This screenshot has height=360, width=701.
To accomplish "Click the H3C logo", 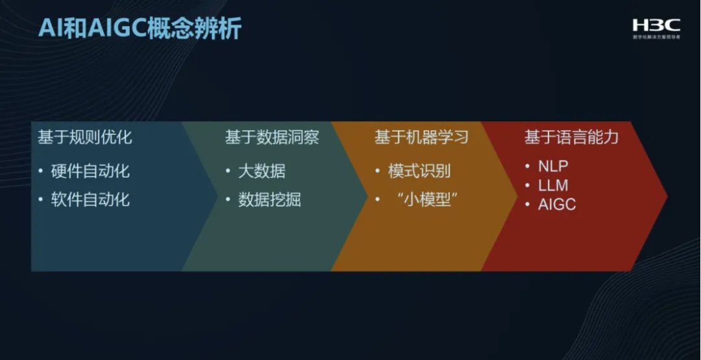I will pyautogui.click(x=656, y=25).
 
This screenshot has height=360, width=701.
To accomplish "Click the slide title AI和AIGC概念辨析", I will pyautogui.click(x=140, y=29).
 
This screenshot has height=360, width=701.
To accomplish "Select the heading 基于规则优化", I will pyautogui.click(x=85, y=138).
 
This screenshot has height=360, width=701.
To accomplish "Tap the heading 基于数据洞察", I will pyautogui.click(x=272, y=138).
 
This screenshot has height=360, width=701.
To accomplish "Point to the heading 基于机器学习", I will pyautogui.click(x=421, y=138).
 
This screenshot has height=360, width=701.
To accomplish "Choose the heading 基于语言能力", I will pyautogui.click(x=572, y=138).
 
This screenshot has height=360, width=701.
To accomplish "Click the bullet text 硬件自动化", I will pyautogui.click(x=90, y=171).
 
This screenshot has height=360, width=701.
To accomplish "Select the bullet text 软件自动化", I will pyautogui.click(x=90, y=200).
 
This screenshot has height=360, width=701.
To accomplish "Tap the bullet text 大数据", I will pyautogui.click(x=262, y=171).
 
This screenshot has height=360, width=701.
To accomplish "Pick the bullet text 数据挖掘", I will pyautogui.click(x=269, y=200).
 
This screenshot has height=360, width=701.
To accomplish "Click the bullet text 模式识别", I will pyautogui.click(x=419, y=171).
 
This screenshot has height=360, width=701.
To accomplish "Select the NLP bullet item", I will pyautogui.click(x=553, y=167).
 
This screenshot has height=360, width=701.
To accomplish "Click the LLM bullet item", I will pyautogui.click(x=553, y=186).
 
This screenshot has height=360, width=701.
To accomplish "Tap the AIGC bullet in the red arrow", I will pyautogui.click(x=557, y=205).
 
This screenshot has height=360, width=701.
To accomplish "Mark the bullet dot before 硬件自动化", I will pyautogui.click(x=41, y=171).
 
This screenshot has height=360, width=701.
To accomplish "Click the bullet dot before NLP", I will pyautogui.click(x=528, y=167).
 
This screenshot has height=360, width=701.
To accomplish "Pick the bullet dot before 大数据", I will pyautogui.click(x=228, y=171).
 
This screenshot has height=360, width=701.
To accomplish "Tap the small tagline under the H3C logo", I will pyautogui.click(x=656, y=38).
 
